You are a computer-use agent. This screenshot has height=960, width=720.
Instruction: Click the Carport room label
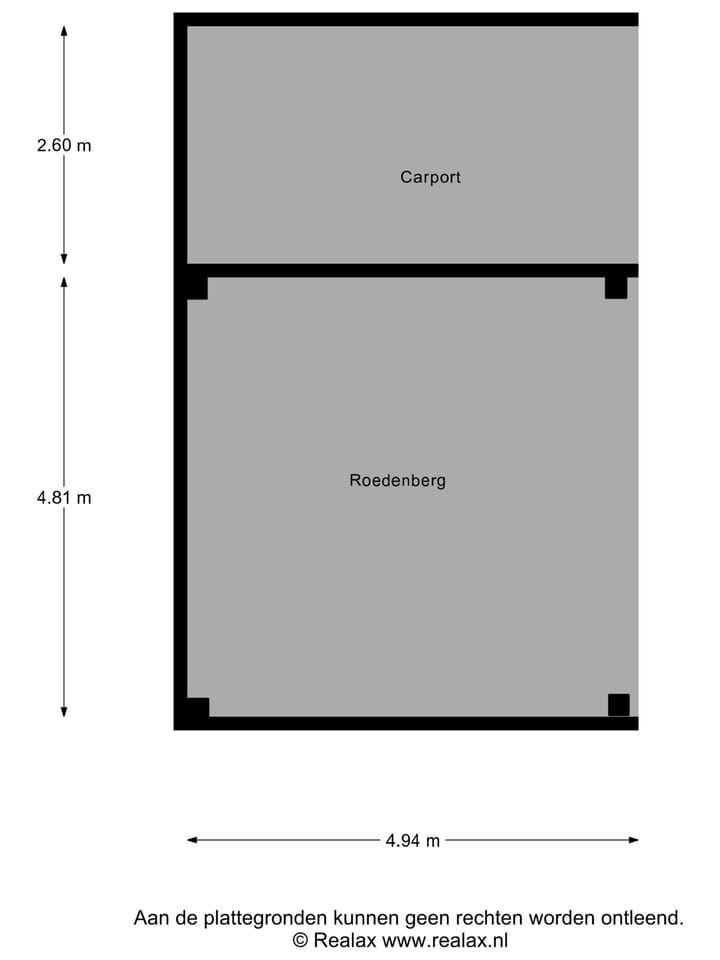pyautogui.click(x=430, y=177)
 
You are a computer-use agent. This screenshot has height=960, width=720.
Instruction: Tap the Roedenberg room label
pyautogui.click(x=397, y=480)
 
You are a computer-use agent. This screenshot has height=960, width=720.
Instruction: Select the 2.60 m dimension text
pyautogui.click(x=64, y=145)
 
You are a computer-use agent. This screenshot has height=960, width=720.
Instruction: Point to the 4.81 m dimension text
pyautogui.click(x=64, y=498)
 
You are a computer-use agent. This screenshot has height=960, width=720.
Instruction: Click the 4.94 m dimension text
pyautogui.click(x=412, y=841)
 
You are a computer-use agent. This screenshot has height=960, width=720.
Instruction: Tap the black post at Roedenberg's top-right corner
pyautogui.click(x=616, y=288)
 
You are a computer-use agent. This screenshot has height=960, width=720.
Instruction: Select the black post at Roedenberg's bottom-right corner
pyautogui.click(x=618, y=705)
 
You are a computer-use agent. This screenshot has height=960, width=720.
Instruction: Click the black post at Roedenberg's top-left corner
pyautogui.click(x=197, y=288)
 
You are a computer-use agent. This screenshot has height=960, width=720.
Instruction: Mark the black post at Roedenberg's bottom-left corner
pyautogui.click(x=198, y=707)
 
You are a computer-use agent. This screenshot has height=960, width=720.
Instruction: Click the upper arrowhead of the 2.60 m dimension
pyautogui.click(x=64, y=30)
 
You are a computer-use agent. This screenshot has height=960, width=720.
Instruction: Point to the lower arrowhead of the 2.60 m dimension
pyautogui.click(x=64, y=260)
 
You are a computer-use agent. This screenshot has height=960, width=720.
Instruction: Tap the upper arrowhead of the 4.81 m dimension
pyautogui.click(x=64, y=282)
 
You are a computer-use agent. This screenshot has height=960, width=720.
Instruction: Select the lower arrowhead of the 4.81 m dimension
pyautogui.click(x=64, y=711)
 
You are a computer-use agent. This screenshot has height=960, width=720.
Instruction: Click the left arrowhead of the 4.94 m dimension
pyautogui.click(x=192, y=840)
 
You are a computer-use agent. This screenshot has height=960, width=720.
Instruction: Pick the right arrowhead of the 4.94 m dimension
pyautogui.click(x=633, y=840)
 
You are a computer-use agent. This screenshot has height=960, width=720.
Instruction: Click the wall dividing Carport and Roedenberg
pyautogui.click(x=413, y=271)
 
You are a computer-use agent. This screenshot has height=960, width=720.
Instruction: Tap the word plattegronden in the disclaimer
pyautogui.click(x=265, y=919)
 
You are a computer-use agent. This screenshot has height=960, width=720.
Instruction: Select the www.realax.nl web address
pyautogui.click(x=445, y=940)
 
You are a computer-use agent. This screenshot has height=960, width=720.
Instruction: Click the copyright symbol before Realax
pyautogui.click(x=300, y=940)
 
